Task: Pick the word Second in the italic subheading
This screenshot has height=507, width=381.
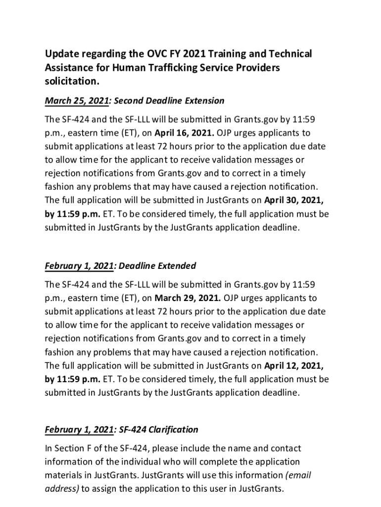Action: (131, 101)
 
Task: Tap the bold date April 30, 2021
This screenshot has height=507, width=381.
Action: (294, 200)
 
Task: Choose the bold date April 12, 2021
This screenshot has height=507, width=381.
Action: (294, 365)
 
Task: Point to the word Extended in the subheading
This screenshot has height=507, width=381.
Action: (177, 266)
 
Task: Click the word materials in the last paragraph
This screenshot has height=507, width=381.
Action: (63, 475)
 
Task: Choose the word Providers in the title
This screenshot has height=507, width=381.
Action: (254, 67)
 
